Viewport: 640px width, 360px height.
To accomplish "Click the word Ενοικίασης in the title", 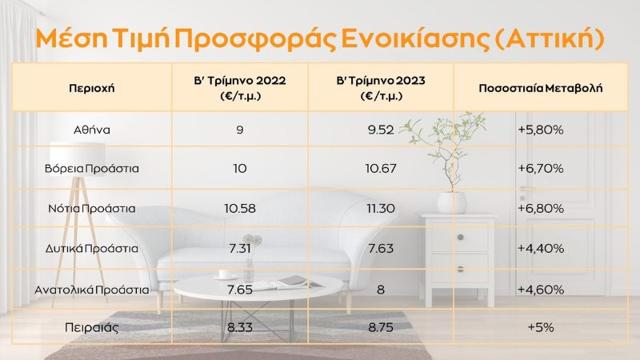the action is tap(415, 38).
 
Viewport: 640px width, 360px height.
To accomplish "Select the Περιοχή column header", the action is tap(92, 88).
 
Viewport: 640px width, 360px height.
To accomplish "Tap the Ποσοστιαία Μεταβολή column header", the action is tap(541, 88).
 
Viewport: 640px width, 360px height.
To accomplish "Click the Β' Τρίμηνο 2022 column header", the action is tap(240, 88).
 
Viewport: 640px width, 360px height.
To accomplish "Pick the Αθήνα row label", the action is tap(92, 130).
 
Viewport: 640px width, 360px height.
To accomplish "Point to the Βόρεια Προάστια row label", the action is tap(92, 169).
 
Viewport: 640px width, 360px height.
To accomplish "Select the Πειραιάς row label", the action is tap(92, 327).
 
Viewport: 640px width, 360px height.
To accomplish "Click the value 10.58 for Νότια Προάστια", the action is tap(240, 209).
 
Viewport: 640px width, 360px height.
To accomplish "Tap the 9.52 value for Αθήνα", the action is tap(381, 130).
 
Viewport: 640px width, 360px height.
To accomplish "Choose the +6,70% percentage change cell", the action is tap(541, 169).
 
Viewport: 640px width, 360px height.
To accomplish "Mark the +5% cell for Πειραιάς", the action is tap(541, 327).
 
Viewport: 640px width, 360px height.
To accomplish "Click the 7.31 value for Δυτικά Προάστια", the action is tap(240, 249).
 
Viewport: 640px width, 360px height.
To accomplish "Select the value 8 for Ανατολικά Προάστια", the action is tap(381, 290).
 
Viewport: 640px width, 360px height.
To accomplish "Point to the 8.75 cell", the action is tap(381, 327).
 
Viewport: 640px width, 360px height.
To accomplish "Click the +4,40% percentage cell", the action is tap(541, 249).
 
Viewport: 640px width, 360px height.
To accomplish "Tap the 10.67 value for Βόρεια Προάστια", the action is tap(381, 169).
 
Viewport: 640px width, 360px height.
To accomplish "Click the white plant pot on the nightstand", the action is tap(452, 202).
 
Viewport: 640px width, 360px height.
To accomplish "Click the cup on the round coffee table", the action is tap(225, 274).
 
